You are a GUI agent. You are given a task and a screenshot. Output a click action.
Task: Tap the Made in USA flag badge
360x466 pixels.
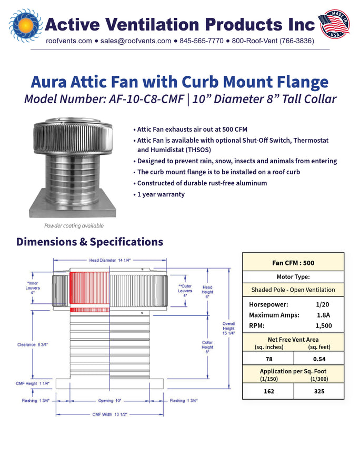[x=334, y=24]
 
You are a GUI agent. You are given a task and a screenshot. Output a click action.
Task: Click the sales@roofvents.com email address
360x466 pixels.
[x=136, y=41]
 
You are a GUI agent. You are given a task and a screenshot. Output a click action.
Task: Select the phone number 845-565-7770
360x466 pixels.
[x=202, y=41]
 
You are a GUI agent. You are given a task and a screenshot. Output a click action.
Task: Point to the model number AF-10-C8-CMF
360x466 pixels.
[x=146, y=99]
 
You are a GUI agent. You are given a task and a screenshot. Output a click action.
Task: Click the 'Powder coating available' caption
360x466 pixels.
[x=74, y=225]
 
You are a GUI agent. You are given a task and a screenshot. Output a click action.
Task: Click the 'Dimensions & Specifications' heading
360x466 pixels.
[x=89, y=242]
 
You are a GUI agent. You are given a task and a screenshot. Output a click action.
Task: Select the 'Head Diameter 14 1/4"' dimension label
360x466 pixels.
[x=110, y=260]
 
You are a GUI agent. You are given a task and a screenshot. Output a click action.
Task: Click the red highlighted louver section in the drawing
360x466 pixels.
[x=89, y=291]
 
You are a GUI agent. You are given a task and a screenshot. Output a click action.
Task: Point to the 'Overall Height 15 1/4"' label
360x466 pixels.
[x=229, y=329]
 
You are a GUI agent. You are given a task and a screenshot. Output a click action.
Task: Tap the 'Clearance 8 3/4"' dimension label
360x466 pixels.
[x=33, y=345]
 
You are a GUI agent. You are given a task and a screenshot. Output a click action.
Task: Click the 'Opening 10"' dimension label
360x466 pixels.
[x=109, y=401]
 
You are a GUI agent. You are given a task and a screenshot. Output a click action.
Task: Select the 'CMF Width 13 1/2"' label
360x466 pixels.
[x=109, y=414]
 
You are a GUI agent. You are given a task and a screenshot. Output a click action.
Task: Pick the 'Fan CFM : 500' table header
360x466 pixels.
[x=293, y=263]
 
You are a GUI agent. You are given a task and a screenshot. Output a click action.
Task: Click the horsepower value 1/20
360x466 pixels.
[x=323, y=304]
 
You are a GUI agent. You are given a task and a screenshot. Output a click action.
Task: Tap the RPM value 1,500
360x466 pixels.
[x=324, y=326]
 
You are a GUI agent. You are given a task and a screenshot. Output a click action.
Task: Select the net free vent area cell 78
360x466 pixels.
[x=269, y=359]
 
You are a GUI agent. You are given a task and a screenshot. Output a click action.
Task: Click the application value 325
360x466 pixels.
[x=319, y=391]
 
